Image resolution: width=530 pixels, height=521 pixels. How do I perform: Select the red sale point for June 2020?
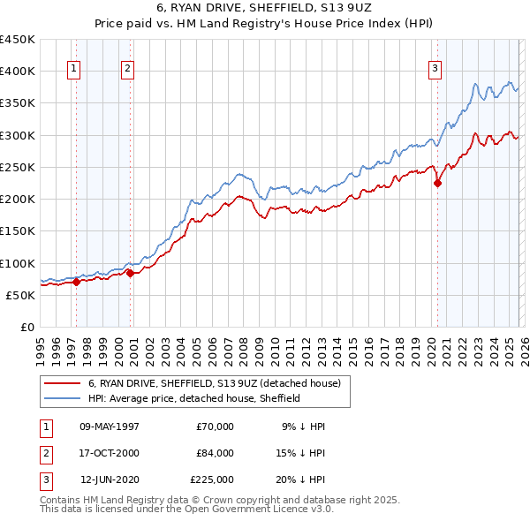click(437, 184)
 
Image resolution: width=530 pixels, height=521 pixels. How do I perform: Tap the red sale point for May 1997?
click(76, 283)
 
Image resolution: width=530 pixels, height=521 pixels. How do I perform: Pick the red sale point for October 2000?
click(130, 274)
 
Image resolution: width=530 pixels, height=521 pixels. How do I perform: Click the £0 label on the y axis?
click(26, 328)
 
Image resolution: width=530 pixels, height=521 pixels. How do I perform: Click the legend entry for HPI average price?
click(194, 398)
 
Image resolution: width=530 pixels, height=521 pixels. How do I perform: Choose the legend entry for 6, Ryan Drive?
click(219, 383)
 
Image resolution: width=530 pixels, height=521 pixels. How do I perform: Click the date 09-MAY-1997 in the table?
click(110, 427)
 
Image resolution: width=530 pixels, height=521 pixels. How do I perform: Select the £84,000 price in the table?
click(215, 453)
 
